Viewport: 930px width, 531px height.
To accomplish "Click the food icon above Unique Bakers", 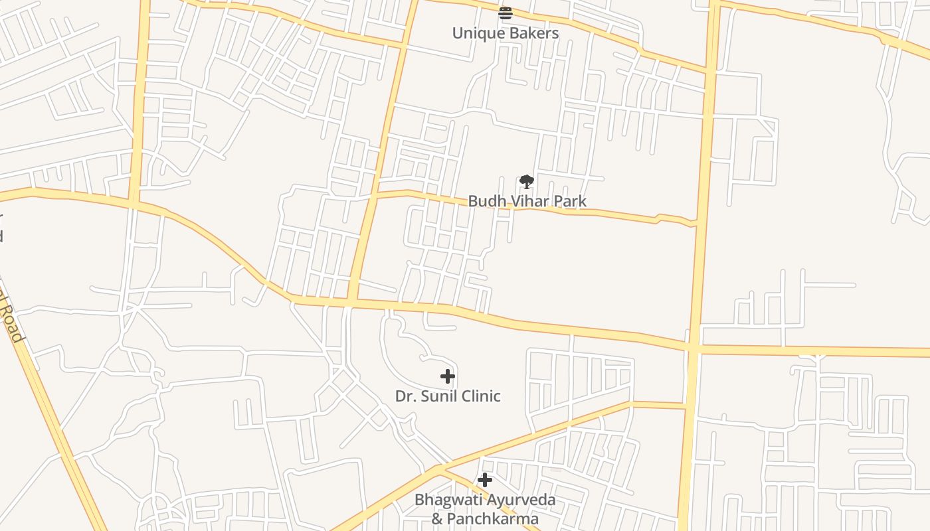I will (x=506, y=13).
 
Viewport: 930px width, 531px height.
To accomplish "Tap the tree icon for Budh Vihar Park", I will (x=527, y=181).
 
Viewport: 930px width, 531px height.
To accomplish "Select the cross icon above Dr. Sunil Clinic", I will (x=448, y=376).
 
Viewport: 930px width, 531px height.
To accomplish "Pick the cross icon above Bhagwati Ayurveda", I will (x=485, y=480).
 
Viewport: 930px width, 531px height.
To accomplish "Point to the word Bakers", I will (x=533, y=33).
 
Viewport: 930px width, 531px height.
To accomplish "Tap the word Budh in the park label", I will (x=484, y=201).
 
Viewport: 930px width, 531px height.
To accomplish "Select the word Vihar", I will (x=526, y=201).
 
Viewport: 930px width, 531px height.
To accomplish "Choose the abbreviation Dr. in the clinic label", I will (x=405, y=396).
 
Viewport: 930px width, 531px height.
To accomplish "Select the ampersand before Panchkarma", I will (x=437, y=518).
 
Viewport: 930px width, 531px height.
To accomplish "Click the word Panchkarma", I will (x=492, y=518).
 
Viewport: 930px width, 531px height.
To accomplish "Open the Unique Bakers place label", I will (x=506, y=33).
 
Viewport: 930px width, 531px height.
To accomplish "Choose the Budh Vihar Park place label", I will (x=527, y=201).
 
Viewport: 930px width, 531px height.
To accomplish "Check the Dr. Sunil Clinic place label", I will (x=448, y=396).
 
